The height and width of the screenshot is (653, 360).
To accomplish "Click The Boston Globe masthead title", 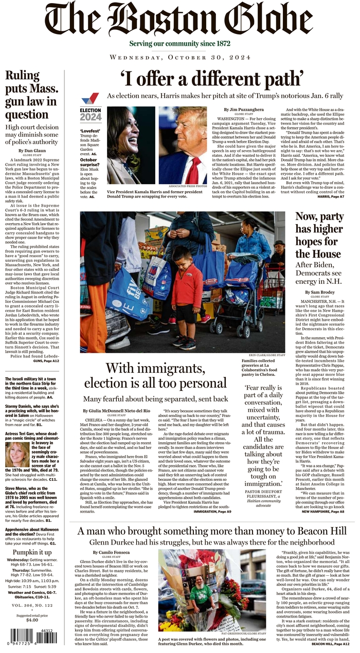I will pyautogui.click(x=178, y=20).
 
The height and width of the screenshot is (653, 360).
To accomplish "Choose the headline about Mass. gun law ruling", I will pyautogui.click(x=32, y=95).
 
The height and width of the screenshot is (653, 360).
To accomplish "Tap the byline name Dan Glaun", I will pyautogui.click(x=32, y=151).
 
